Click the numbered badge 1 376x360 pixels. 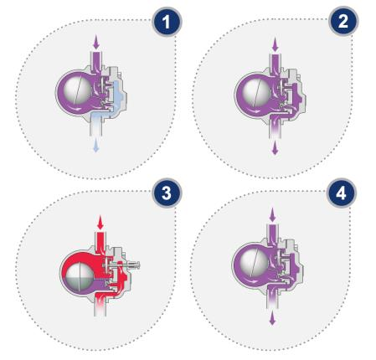coord(167,22)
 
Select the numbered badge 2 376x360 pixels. coord(343,21)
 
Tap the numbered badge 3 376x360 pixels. coord(167,193)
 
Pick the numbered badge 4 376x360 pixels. coord(341,193)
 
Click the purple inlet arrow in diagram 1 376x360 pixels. coord(96,42)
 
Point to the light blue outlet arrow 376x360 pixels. coord(95,145)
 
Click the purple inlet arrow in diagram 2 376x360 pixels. coord(276,44)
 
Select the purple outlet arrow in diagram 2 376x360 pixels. coord(275,147)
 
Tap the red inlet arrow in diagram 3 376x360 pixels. coord(100,223)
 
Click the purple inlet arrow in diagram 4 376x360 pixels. coord(272,215)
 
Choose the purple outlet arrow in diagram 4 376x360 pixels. coord(272,318)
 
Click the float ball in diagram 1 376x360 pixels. coord(77,90)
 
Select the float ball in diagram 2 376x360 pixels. coord(257,93)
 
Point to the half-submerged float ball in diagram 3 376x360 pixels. coord(79,276)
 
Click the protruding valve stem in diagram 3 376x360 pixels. coord(132,265)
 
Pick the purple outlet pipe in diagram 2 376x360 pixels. coord(276,128)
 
